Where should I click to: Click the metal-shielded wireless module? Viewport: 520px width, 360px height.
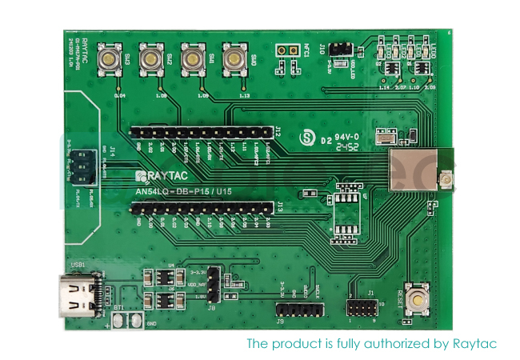413,169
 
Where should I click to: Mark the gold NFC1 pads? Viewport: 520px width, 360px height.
281,50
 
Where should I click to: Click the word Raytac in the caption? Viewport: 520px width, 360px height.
477,344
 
